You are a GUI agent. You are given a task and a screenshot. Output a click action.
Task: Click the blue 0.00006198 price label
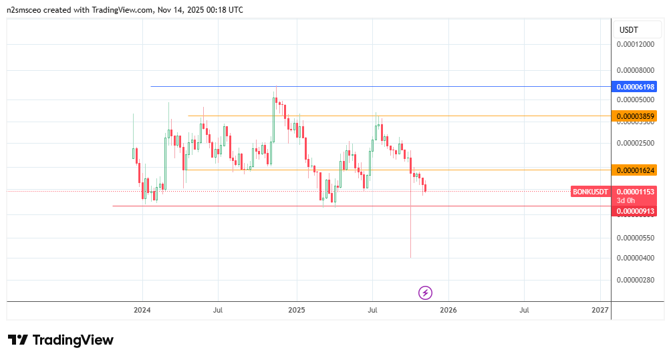click(636, 87)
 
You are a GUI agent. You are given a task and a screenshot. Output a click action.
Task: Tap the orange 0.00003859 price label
click(636, 116)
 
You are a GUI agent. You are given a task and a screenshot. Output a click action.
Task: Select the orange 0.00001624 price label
click(636, 170)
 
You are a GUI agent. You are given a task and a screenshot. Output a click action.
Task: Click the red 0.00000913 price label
click(636, 211)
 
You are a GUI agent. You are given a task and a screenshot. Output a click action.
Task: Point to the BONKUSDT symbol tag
click(591, 192)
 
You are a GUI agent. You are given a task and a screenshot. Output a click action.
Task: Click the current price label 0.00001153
click(636, 192)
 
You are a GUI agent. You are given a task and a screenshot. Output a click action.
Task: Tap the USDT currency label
click(629, 30)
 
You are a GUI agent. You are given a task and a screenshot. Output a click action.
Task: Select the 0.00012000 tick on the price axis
click(636, 45)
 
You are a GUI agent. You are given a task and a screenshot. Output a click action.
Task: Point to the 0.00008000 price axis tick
click(636, 70)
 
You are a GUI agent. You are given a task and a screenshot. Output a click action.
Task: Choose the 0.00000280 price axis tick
click(636, 281)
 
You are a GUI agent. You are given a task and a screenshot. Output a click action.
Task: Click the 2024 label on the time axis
click(142, 310)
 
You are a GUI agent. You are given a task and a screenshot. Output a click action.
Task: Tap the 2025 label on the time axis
click(297, 310)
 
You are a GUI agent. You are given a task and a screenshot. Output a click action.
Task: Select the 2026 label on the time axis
click(448, 310)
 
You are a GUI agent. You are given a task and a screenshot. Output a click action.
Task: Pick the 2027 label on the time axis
click(600, 310)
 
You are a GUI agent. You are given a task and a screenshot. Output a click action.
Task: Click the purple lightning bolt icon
click(426, 293)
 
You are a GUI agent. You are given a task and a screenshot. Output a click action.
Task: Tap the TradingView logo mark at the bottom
click(18, 340)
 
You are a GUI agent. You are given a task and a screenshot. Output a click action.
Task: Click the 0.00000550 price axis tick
click(636, 238)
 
